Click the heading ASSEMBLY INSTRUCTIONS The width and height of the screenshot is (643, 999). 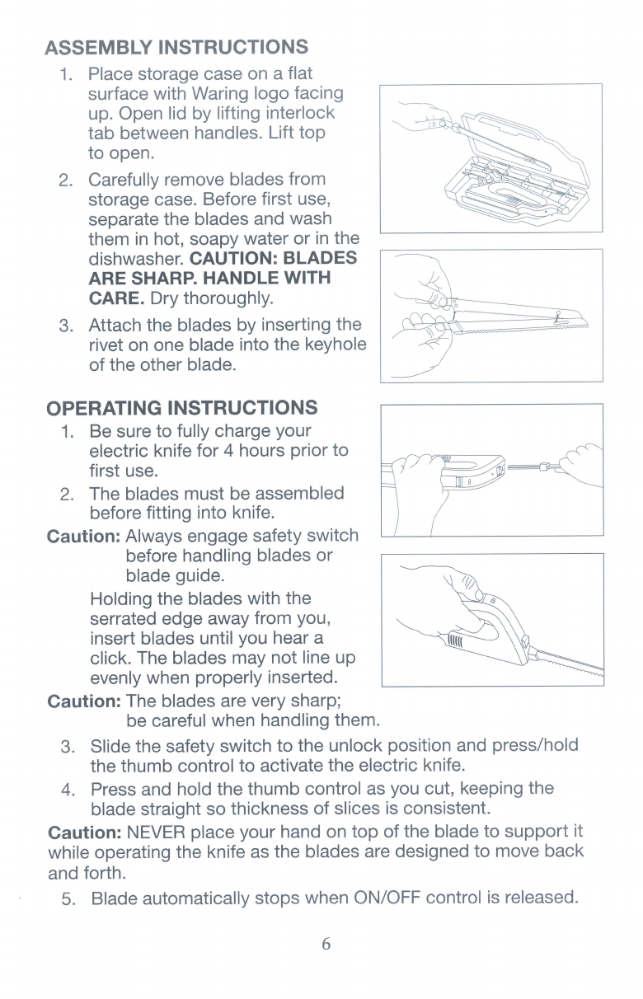pyautogui.click(x=176, y=47)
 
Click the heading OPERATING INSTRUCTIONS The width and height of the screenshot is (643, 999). pyautogui.click(x=182, y=408)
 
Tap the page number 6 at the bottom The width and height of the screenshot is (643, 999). pyautogui.click(x=326, y=944)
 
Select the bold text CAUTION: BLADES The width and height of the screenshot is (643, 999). pyautogui.click(x=274, y=258)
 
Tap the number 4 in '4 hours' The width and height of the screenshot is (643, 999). pyautogui.click(x=228, y=450)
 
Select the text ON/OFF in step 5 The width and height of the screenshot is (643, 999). pyautogui.click(x=387, y=898)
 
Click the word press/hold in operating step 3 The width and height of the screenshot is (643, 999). pyautogui.click(x=535, y=746)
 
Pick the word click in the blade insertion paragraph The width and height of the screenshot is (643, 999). pyautogui.click(x=111, y=658)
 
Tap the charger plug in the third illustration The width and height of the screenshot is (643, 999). pyautogui.click(x=543, y=467)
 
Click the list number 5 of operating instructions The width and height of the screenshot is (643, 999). pyautogui.click(x=68, y=898)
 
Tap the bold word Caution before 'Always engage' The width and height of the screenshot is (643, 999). pyautogui.click(x=84, y=537)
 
